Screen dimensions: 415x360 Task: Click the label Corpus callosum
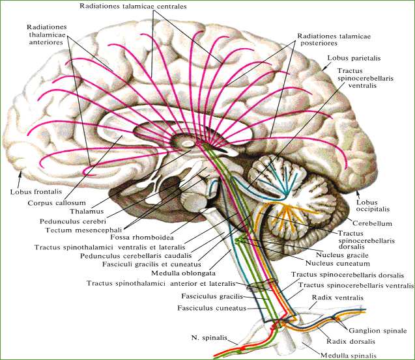coord(57,203)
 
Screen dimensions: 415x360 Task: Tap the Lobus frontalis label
coord(36,191)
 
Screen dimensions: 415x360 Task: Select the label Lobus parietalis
coord(354,58)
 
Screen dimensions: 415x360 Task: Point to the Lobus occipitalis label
coord(373,206)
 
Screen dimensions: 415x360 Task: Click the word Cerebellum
coord(372,223)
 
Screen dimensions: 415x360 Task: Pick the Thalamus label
coord(87,212)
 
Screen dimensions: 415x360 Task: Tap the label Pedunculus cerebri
coord(73,221)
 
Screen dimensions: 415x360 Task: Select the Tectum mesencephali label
coord(83,230)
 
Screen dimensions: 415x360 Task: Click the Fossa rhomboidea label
coord(142,237)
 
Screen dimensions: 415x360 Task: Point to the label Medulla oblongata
coord(184,273)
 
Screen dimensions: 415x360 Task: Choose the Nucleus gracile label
coord(342,255)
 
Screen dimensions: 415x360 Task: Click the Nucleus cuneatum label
coord(337,264)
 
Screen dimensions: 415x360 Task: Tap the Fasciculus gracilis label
coord(212,296)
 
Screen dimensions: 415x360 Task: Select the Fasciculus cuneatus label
coord(212,308)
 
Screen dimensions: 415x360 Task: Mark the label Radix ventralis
coord(337,298)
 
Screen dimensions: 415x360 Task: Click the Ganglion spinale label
coord(378,331)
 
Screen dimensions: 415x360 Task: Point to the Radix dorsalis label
coord(351,342)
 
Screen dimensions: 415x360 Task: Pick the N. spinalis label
coord(209,338)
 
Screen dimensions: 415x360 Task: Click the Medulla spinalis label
coord(349,355)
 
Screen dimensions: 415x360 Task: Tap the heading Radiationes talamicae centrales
coord(133,7)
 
